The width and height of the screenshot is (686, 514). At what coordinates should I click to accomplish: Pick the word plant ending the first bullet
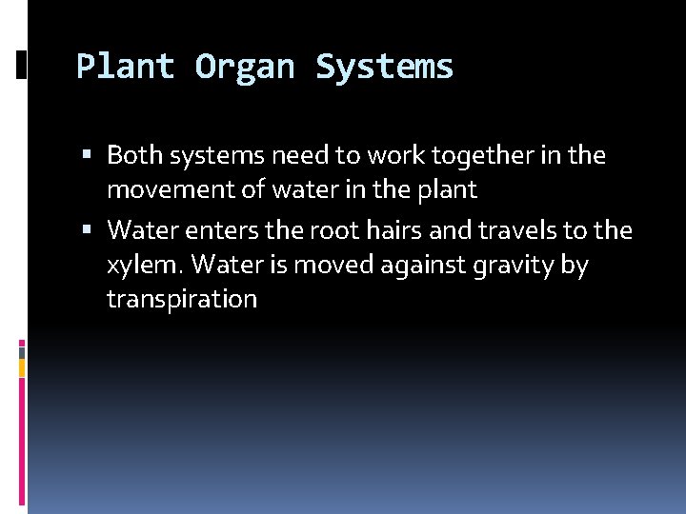447,190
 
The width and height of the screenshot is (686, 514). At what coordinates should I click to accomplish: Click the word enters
217,230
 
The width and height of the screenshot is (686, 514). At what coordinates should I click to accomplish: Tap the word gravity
518,266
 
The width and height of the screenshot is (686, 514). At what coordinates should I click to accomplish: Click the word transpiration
182,300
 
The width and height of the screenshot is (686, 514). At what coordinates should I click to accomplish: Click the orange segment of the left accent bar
22,366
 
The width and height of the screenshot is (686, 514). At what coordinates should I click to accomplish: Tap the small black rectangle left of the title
22,65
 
